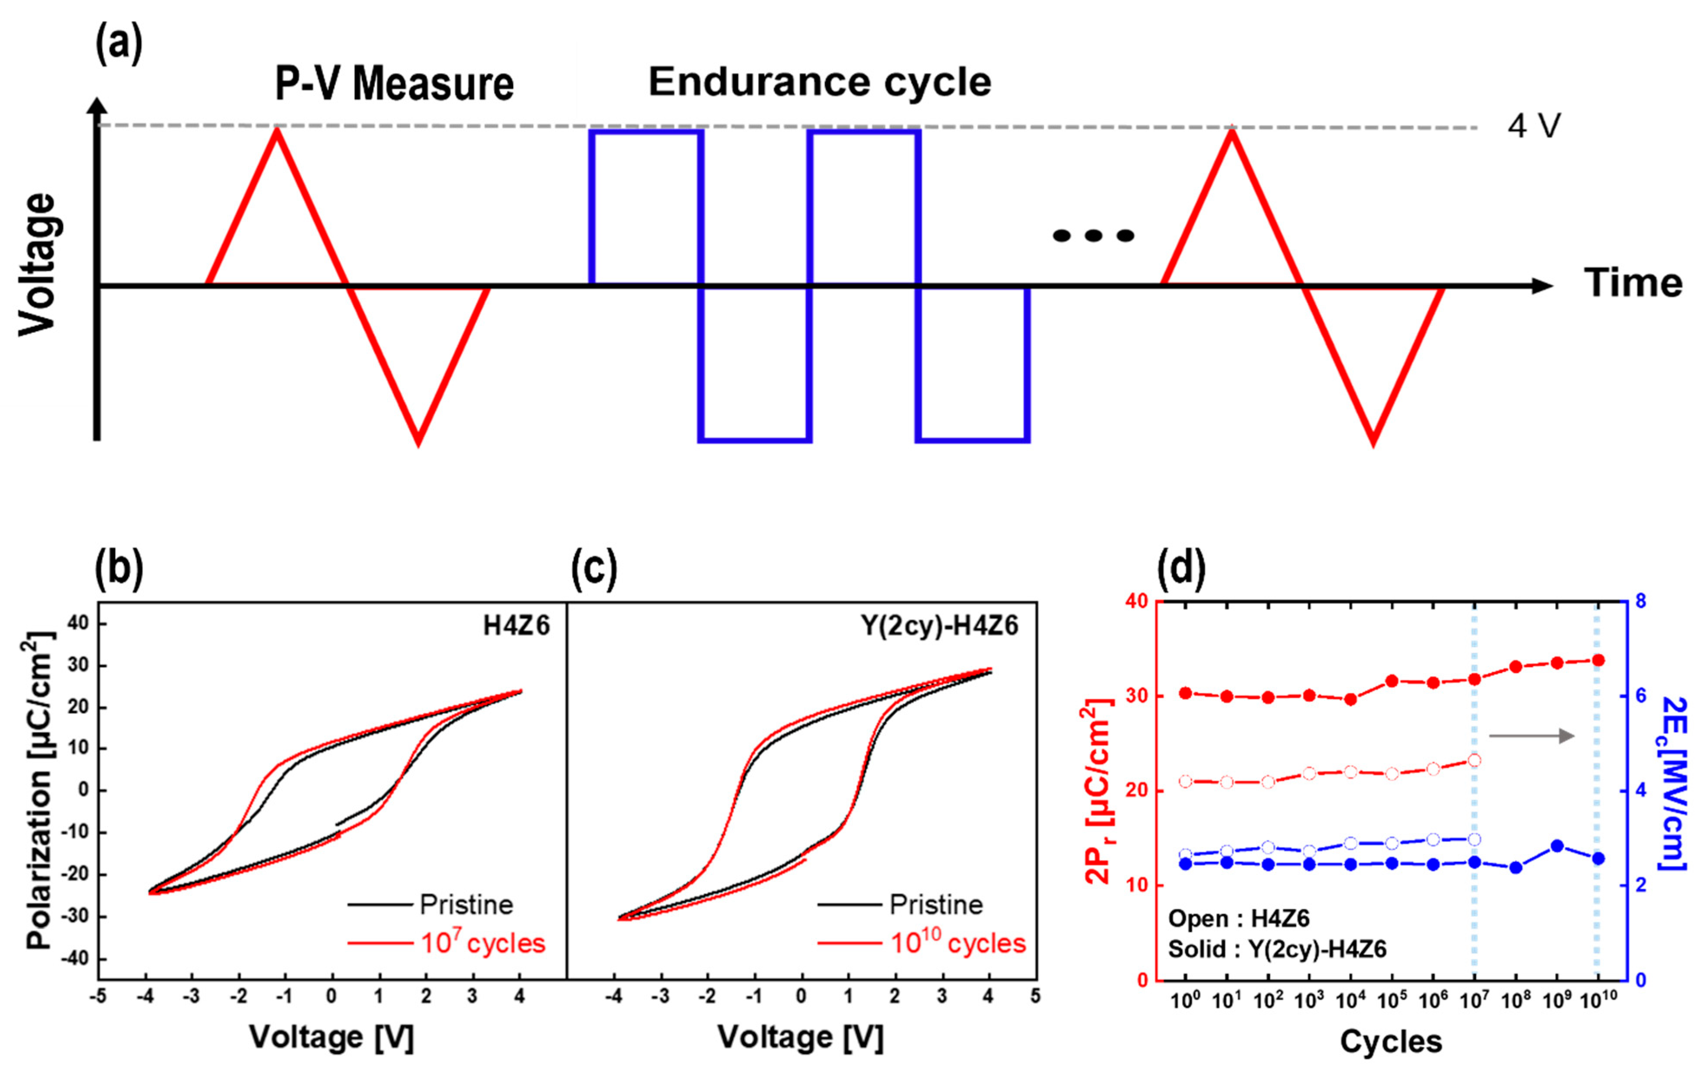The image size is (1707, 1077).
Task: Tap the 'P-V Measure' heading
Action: (394, 84)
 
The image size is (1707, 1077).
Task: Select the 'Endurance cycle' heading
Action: (819, 82)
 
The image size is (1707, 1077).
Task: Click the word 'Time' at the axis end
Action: (1633, 283)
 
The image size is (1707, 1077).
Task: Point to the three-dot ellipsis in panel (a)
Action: (1093, 235)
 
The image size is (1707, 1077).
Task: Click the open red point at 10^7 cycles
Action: (1475, 760)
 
